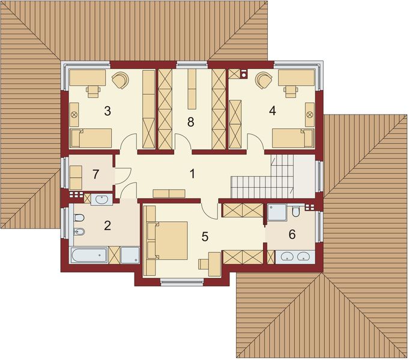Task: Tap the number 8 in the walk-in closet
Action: [x=190, y=122]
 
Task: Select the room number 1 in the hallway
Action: [x=192, y=174]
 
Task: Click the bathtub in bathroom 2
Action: [x=89, y=256]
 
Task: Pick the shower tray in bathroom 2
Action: [x=130, y=255]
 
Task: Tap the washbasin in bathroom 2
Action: [x=100, y=199]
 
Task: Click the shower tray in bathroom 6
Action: [x=277, y=211]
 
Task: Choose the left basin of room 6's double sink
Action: [x=286, y=257]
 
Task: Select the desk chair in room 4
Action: [x=291, y=91]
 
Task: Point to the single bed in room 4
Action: [x=292, y=139]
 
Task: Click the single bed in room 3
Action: [x=91, y=139]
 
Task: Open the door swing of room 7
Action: [x=123, y=174]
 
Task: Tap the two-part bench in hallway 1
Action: [x=169, y=193]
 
